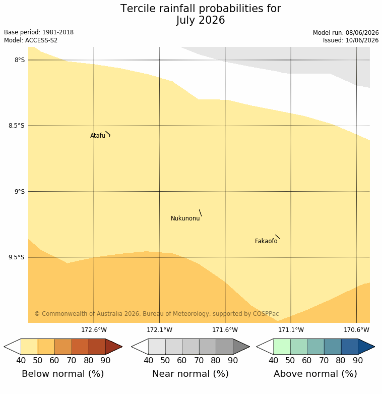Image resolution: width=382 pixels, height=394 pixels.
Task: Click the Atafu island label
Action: coord(98,136)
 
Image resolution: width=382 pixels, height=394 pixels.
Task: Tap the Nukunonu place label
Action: coord(185,218)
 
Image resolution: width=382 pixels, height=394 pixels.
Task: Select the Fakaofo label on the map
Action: coord(266,241)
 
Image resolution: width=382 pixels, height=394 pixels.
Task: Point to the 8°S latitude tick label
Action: coord(20,60)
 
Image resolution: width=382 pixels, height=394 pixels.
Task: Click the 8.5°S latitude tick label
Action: coord(17,126)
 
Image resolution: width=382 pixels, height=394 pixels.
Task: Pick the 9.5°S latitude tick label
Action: coord(17,257)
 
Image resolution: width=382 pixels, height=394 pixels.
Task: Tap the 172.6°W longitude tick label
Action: coord(94,329)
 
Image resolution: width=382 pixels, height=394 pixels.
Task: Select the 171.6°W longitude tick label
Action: coord(225,329)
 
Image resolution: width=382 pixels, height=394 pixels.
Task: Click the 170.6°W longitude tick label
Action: coord(356,329)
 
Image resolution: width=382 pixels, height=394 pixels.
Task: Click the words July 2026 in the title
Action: coord(200,20)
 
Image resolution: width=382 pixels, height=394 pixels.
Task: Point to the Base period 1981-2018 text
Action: coord(39,32)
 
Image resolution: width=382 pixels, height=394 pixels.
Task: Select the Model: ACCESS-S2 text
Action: coord(31,40)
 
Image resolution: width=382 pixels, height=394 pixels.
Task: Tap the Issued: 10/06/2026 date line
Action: coord(351,40)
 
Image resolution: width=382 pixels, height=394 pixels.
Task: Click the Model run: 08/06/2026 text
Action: coord(346,33)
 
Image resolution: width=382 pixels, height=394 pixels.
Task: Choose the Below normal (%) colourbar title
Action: coord(63,374)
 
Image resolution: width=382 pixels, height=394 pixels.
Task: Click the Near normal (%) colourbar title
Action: coord(190,374)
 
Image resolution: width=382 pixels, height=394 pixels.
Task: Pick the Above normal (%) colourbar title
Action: coord(315,374)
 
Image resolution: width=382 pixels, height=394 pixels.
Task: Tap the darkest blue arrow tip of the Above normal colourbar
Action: coord(374,347)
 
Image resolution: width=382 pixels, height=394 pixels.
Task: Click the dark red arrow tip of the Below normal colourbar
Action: coord(122,347)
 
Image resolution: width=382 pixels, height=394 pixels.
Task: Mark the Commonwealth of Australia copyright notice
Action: coord(157,314)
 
